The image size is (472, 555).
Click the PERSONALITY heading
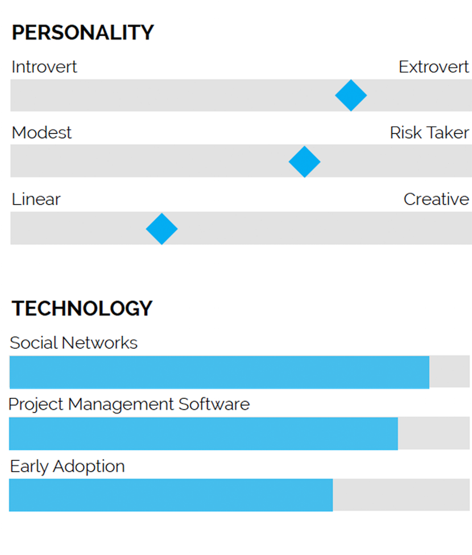82,33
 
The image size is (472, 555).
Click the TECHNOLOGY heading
82,308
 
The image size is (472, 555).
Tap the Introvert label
44,67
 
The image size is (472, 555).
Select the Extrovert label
434,67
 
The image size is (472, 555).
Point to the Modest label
42,133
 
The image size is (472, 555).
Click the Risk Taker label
429,133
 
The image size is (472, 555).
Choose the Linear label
36,200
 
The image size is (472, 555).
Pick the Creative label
436,200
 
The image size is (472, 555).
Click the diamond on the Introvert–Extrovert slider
351,96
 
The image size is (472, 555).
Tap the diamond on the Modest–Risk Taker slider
304,162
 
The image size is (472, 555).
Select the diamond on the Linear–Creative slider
162,229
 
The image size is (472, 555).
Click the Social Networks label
74,343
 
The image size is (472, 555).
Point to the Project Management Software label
129,404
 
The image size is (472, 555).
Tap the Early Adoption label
67,466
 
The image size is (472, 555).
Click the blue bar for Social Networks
219,372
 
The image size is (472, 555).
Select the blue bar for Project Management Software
203,433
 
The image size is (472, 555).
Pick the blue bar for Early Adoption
171,495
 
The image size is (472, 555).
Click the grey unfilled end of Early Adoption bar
401,495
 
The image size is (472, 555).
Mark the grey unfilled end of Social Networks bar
449,372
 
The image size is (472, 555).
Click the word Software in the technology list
214,404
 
